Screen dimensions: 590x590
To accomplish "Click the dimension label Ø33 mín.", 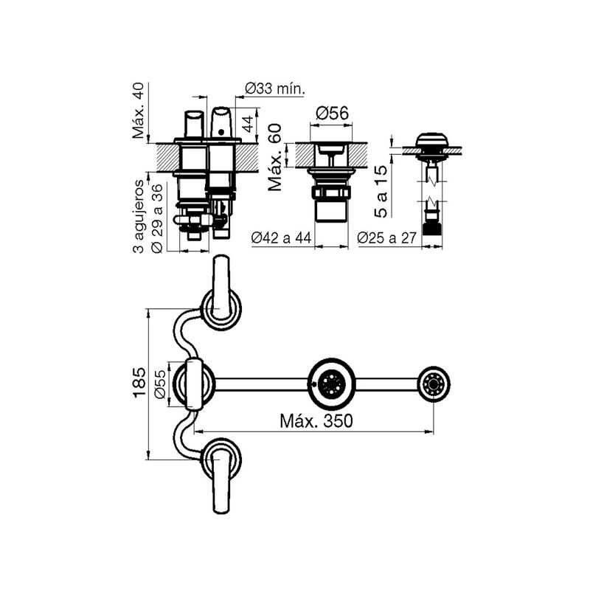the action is coord(274,89).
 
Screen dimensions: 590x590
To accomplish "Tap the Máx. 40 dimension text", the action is coord(138,111).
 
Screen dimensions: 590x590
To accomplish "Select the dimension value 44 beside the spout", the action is coord(248,124).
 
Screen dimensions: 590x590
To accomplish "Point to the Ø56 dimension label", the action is coord(332,114).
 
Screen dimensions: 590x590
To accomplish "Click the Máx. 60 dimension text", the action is coord(275,158).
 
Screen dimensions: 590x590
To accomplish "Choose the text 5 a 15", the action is coord(381,192).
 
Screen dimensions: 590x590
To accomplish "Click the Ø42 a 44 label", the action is coord(281,237).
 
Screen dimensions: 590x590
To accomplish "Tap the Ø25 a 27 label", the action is coord(386,237).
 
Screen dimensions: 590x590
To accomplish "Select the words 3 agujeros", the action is coord(139,217).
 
